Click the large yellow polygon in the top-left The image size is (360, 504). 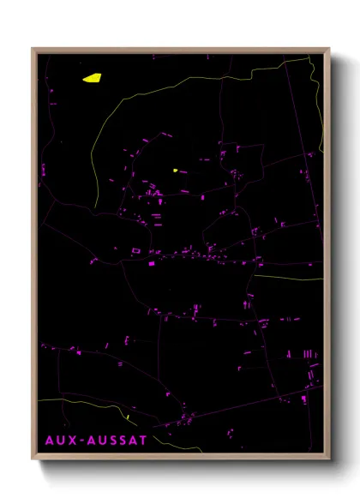tap(92, 78)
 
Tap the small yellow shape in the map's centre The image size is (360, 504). tap(175, 170)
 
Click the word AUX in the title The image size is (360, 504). tap(58, 440)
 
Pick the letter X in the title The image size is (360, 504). tap(69, 440)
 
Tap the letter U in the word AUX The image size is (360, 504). tap(58, 440)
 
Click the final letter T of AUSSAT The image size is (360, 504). tap(144, 440)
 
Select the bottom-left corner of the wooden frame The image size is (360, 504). tap(33, 461)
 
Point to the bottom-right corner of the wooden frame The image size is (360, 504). tap(329, 461)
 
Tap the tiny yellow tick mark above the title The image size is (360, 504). tap(127, 417)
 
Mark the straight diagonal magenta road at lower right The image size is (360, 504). tap(240, 407)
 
